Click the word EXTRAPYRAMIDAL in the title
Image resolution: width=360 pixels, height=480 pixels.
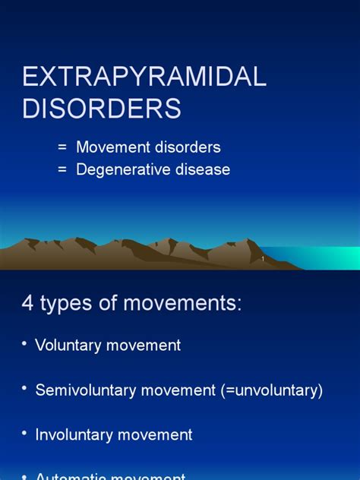point(144,77)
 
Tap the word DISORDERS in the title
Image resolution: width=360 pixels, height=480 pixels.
point(102,109)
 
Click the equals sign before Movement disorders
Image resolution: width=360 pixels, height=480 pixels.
point(62,147)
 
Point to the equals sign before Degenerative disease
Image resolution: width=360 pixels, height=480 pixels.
point(62,169)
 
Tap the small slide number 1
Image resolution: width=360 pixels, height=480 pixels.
point(263,260)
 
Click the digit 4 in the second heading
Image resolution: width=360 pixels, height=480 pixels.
point(28,304)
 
